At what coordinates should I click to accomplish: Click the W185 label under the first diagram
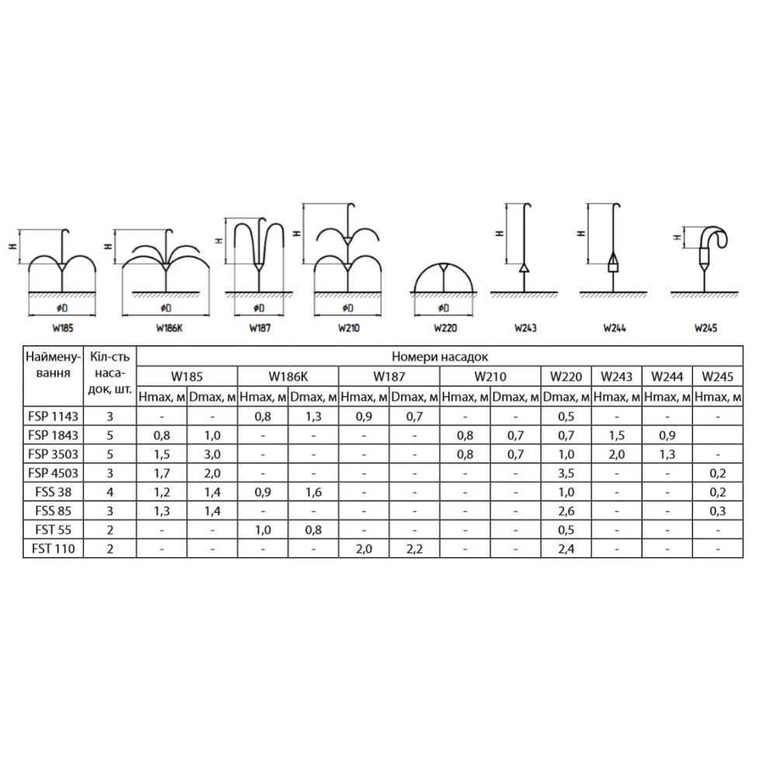pos(63,328)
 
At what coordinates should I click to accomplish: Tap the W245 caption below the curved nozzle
pos(706,328)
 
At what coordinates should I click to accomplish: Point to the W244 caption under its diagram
pos(615,328)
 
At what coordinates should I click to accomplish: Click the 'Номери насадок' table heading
pos(440,357)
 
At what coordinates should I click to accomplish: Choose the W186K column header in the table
pos(288,377)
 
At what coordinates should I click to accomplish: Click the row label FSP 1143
pos(53,416)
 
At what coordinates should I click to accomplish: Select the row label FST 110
pos(53,549)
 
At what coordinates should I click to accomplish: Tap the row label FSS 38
pos(53,492)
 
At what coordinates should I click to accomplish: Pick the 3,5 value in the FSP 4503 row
pos(566,473)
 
